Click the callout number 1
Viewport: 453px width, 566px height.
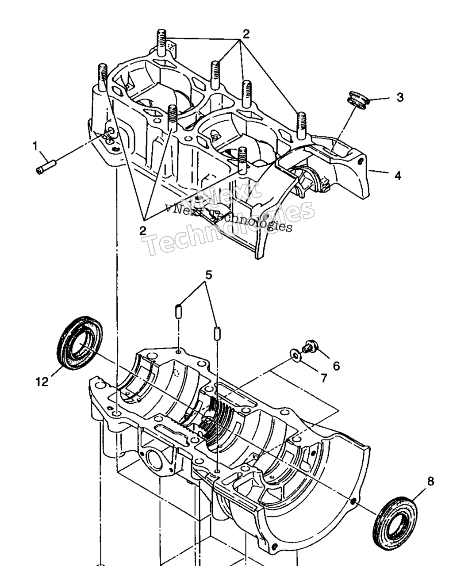tap(35, 146)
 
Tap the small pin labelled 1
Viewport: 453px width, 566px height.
tap(46, 167)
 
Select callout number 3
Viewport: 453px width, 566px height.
tap(400, 98)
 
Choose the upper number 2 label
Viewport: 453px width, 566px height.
tap(246, 34)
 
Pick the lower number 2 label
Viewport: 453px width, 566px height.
tap(142, 231)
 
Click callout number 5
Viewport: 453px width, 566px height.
tap(208, 275)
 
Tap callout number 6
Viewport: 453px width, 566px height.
tap(336, 366)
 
